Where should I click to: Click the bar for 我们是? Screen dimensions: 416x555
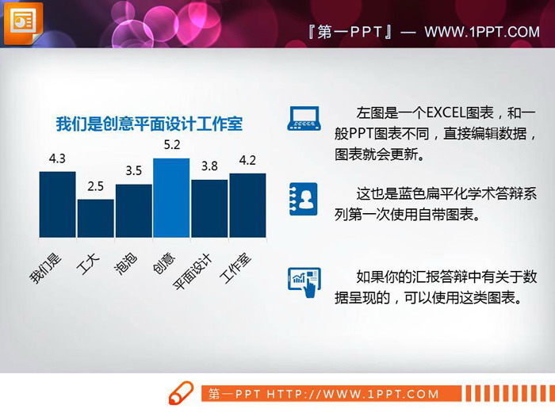pyautogui.click(x=57, y=204)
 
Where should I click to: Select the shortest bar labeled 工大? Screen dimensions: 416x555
pyautogui.click(x=95, y=219)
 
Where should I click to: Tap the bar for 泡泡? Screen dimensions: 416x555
pyautogui.click(x=133, y=211)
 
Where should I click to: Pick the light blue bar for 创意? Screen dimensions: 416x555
pyautogui.click(x=171, y=198)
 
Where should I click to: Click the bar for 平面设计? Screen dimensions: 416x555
pyautogui.click(x=209, y=208)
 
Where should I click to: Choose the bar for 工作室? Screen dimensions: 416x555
pyautogui.click(x=247, y=205)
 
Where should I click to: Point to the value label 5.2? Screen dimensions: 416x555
pyautogui.click(x=171, y=145)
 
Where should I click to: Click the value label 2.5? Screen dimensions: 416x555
pyautogui.click(x=95, y=187)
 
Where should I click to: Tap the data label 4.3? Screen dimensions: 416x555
pyautogui.click(x=57, y=159)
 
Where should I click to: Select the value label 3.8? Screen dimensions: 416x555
pyautogui.click(x=209, y=166)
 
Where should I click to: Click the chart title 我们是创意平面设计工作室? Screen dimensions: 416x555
pyautogui.click(x=149, y=124)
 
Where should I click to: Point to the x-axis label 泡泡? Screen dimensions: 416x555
pyautogui.click(x=127, y=263)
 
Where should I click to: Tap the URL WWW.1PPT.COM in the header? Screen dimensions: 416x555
pyautogui.click(x=481, y=32)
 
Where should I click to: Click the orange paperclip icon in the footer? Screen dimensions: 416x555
pyautogui.click(x=181, y=393)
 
